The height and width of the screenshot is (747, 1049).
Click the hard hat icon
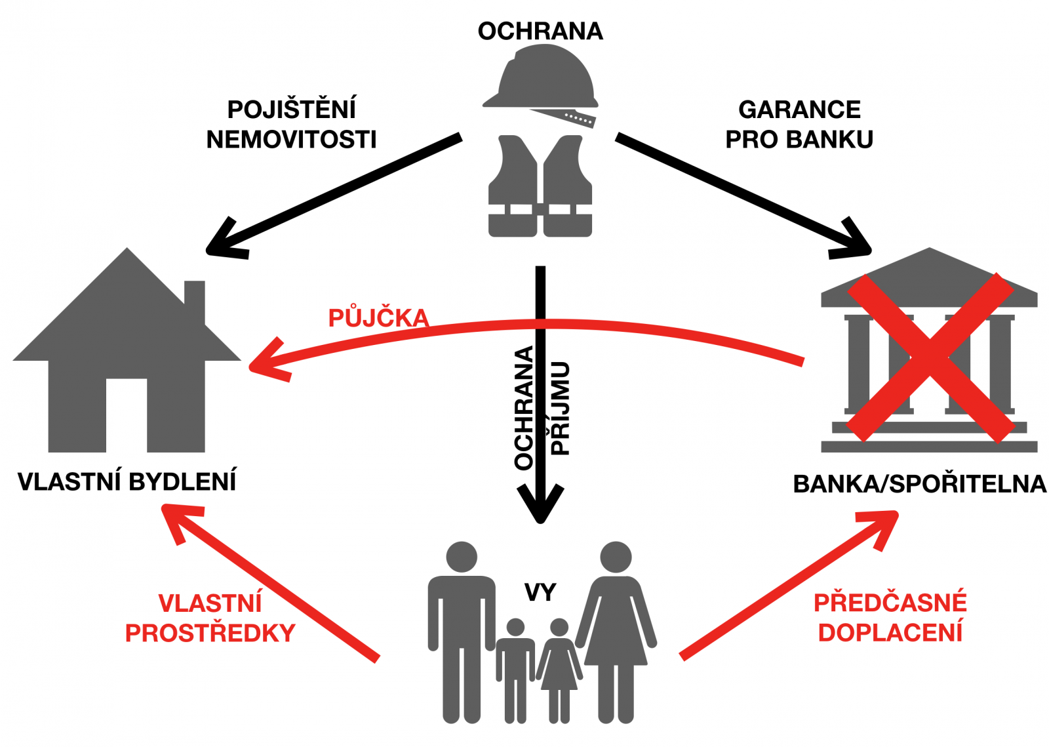coord(542,81)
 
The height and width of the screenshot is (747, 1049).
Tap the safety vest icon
coord(540,186)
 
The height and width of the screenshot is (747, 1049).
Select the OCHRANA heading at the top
coord(540,31)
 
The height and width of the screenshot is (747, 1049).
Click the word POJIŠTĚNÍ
coord(292,109)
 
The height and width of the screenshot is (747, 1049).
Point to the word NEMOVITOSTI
coord(292,139)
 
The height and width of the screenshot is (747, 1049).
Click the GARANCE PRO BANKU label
coord(799,124)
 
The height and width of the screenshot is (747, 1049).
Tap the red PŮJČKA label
coord(378,318)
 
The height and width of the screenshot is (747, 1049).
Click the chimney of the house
coord(195,300)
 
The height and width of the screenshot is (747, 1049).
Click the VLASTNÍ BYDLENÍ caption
coord(127,481)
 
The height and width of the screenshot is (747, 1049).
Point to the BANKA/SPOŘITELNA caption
coord(919,484)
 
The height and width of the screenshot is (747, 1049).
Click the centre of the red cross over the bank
coord(930,357)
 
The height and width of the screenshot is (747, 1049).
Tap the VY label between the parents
coord(540,592)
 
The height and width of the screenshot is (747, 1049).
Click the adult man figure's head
coord(462,557)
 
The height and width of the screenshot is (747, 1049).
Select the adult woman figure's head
coord(616,557)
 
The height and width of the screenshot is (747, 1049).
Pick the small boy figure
coord(515,669)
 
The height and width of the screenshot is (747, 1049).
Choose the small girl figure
coord(559,669)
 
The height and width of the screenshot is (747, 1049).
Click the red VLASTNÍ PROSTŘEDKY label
coord(210,618)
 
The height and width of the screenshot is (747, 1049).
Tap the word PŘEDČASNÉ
coord(890,603)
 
